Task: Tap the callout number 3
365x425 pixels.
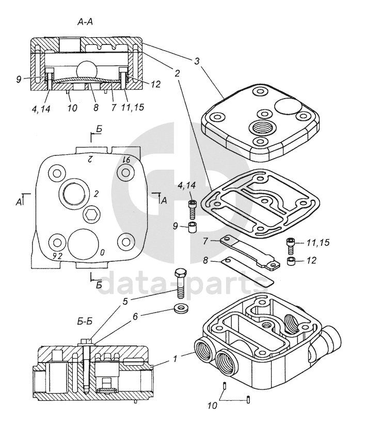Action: pos(197,61)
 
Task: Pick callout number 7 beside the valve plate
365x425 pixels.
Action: pos(205,241)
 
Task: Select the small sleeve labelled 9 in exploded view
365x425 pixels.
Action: pos(192,227)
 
